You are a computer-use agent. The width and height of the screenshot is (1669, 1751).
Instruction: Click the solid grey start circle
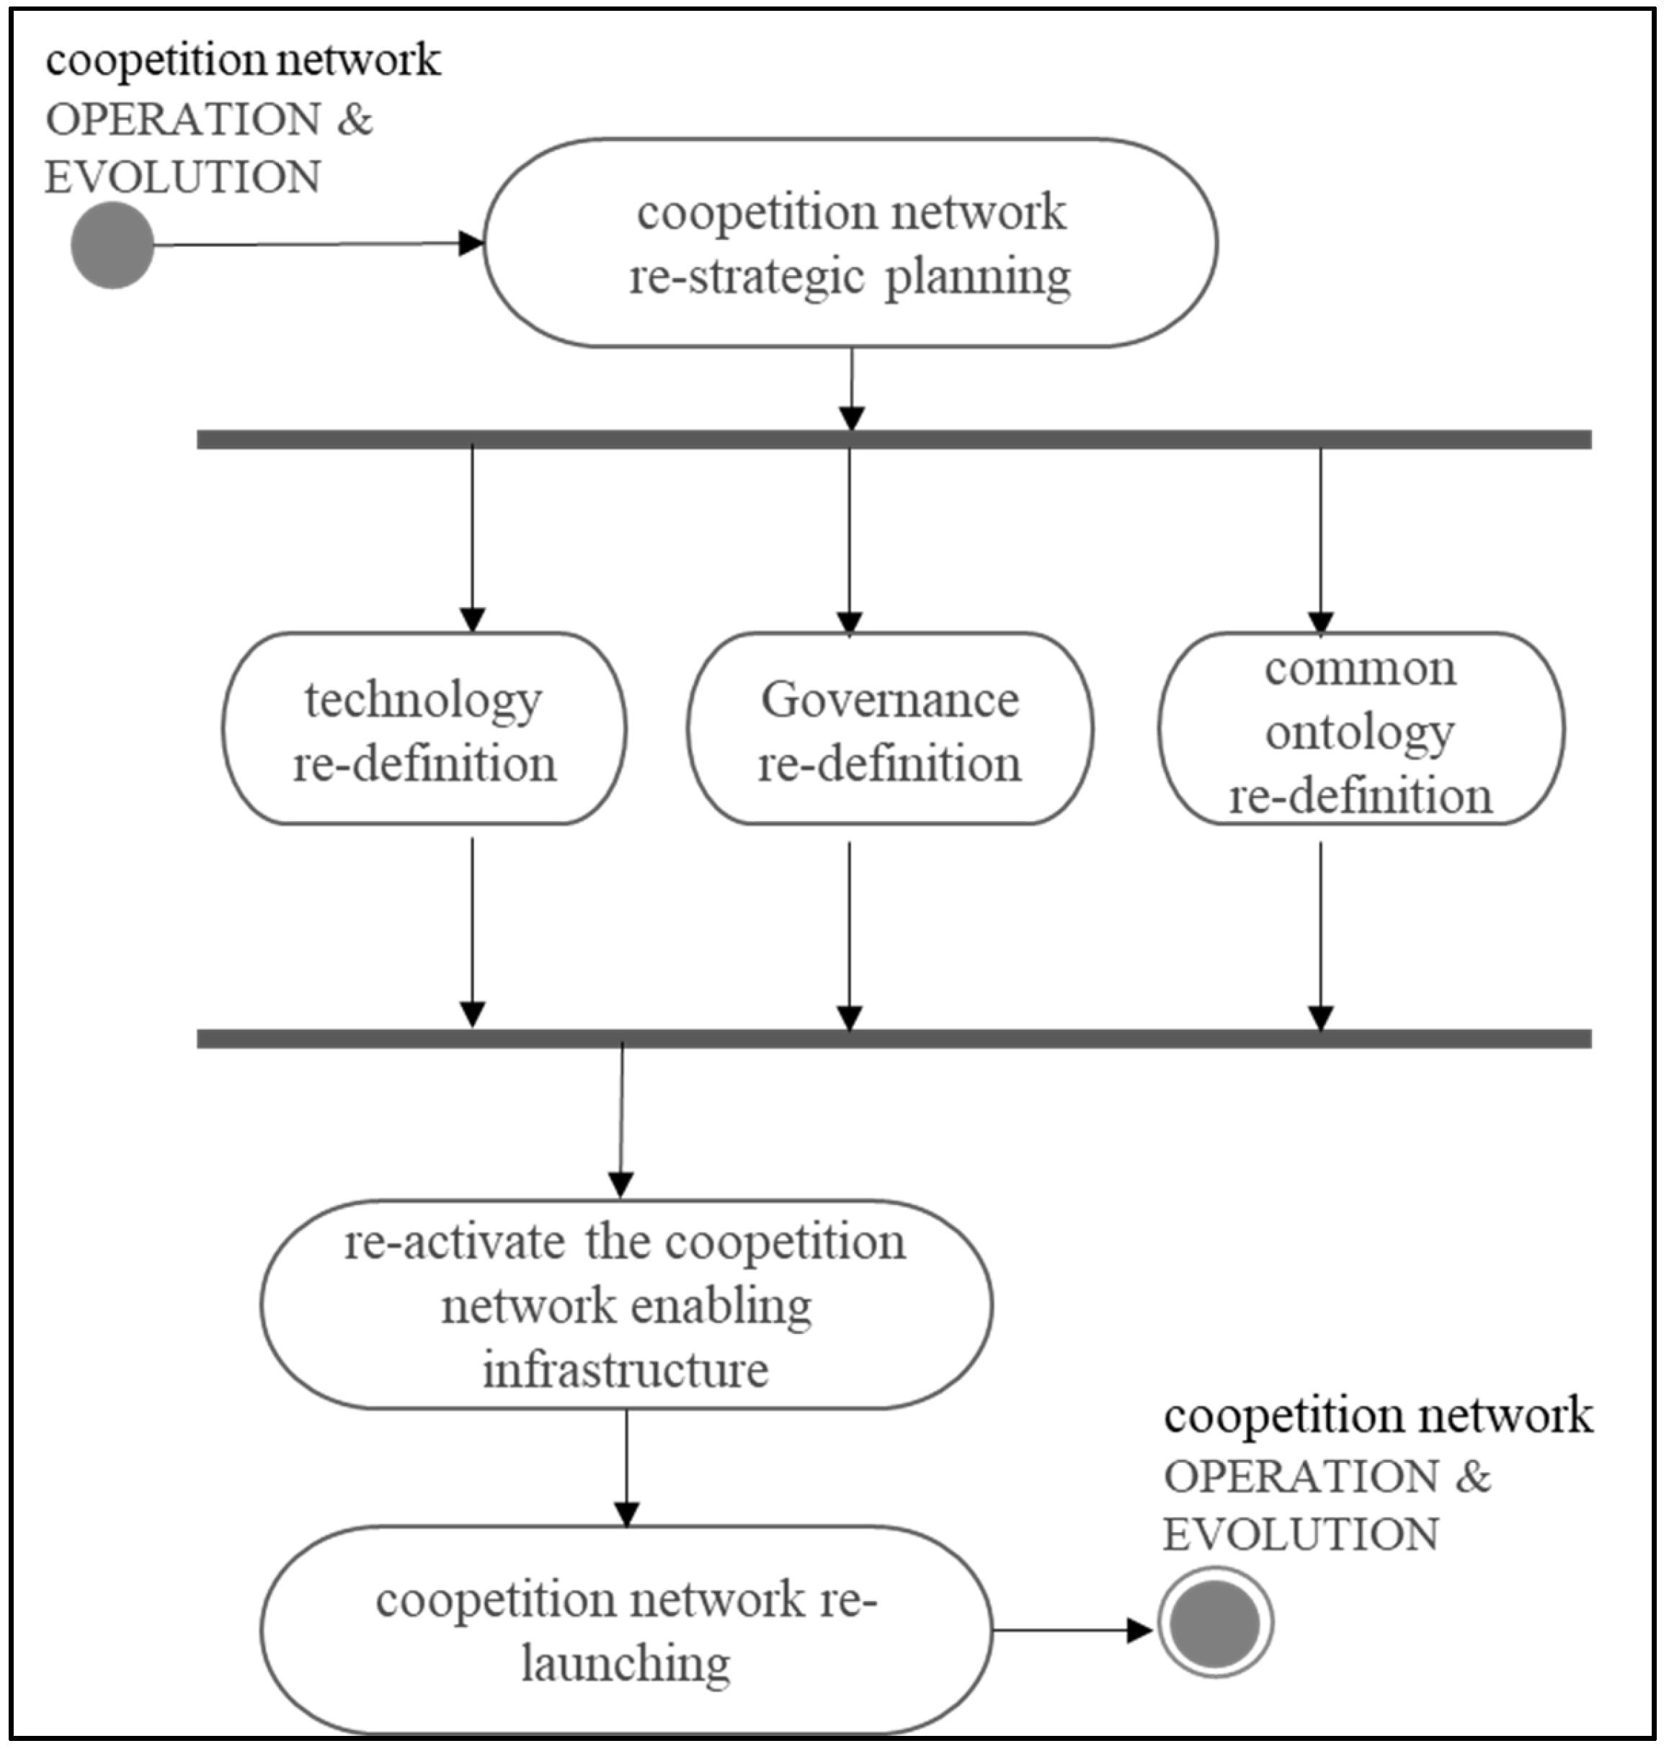pyautogui.click(x=112, y=245)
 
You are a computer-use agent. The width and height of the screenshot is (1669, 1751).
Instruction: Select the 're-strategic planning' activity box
pyautogui.click(x=850, y=243)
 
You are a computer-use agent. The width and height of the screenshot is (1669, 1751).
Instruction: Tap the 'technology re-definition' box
pyautogui.click(x=424, y=729)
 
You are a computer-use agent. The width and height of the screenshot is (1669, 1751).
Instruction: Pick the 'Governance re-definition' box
pyautogui.click(x=890, y=729)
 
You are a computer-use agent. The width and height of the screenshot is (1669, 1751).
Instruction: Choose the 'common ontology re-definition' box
pyautogui.click(x=1361, y=729)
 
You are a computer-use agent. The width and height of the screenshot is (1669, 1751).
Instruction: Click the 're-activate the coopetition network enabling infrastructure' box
pyautogui.click(x=626, y=1304)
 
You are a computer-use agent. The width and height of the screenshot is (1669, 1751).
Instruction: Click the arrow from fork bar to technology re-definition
pyautogui.click(x=473, y=534)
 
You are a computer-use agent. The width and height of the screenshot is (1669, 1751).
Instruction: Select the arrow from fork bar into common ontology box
pyautogui.click(x=1320, y=534)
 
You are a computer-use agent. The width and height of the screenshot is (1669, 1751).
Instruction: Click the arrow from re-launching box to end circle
pyautogui.click(x=1067, y=1630)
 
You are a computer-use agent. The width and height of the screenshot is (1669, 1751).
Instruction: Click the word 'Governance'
pyautogui.click(x=890, y=700)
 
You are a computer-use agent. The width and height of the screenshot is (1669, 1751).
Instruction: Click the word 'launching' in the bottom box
pyautogui.click(x=626, y=1662)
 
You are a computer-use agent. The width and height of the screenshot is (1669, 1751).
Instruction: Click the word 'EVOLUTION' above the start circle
pyautogui.click(x=182, y=177)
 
